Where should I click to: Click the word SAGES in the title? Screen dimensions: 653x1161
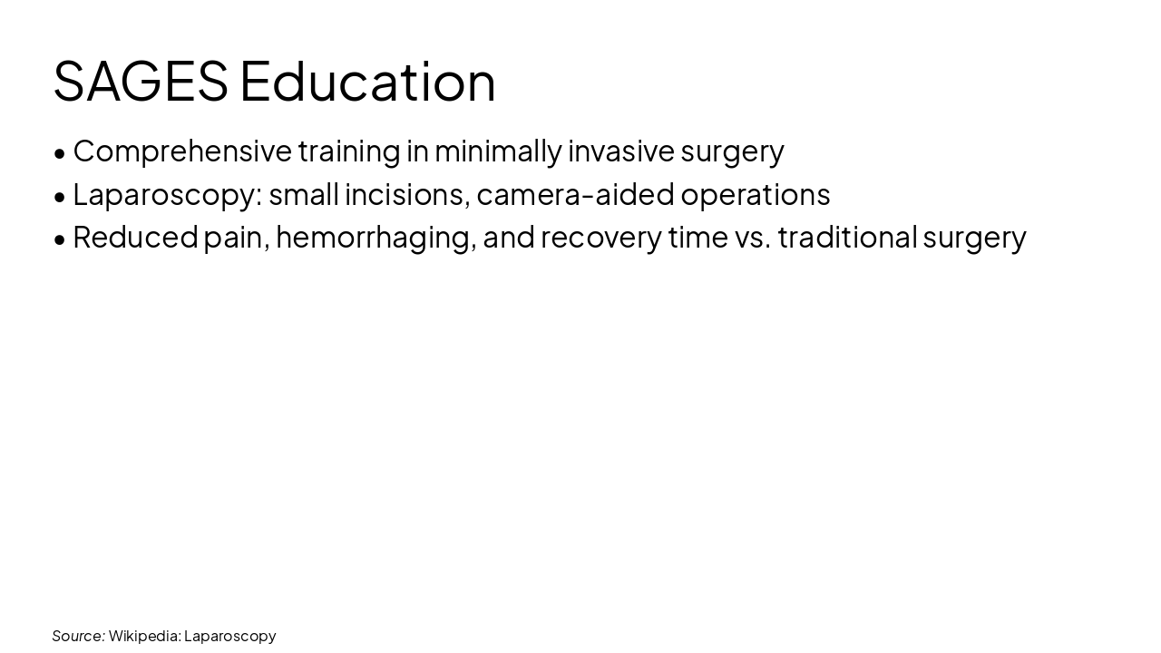point(141,82)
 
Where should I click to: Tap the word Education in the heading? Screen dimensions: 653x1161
point(367,82)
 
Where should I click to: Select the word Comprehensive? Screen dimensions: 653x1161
point(182,151)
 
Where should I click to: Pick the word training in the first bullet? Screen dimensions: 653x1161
point(348,151)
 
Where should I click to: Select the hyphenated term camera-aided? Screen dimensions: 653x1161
point(575,194)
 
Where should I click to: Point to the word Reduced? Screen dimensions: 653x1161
point(135,237)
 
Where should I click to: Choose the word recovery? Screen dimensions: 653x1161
point(600,238)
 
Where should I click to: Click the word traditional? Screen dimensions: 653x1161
point(846,237)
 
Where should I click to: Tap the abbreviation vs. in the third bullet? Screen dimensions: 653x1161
point(752,238)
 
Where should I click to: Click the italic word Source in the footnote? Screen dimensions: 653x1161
point(78,636)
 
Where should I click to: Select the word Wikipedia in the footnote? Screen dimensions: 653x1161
point(144,636)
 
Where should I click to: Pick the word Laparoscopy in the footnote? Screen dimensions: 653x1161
point(229,637)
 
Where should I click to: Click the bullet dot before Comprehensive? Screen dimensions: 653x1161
point(60,153)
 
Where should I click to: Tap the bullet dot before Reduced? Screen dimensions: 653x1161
point(60,239)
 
